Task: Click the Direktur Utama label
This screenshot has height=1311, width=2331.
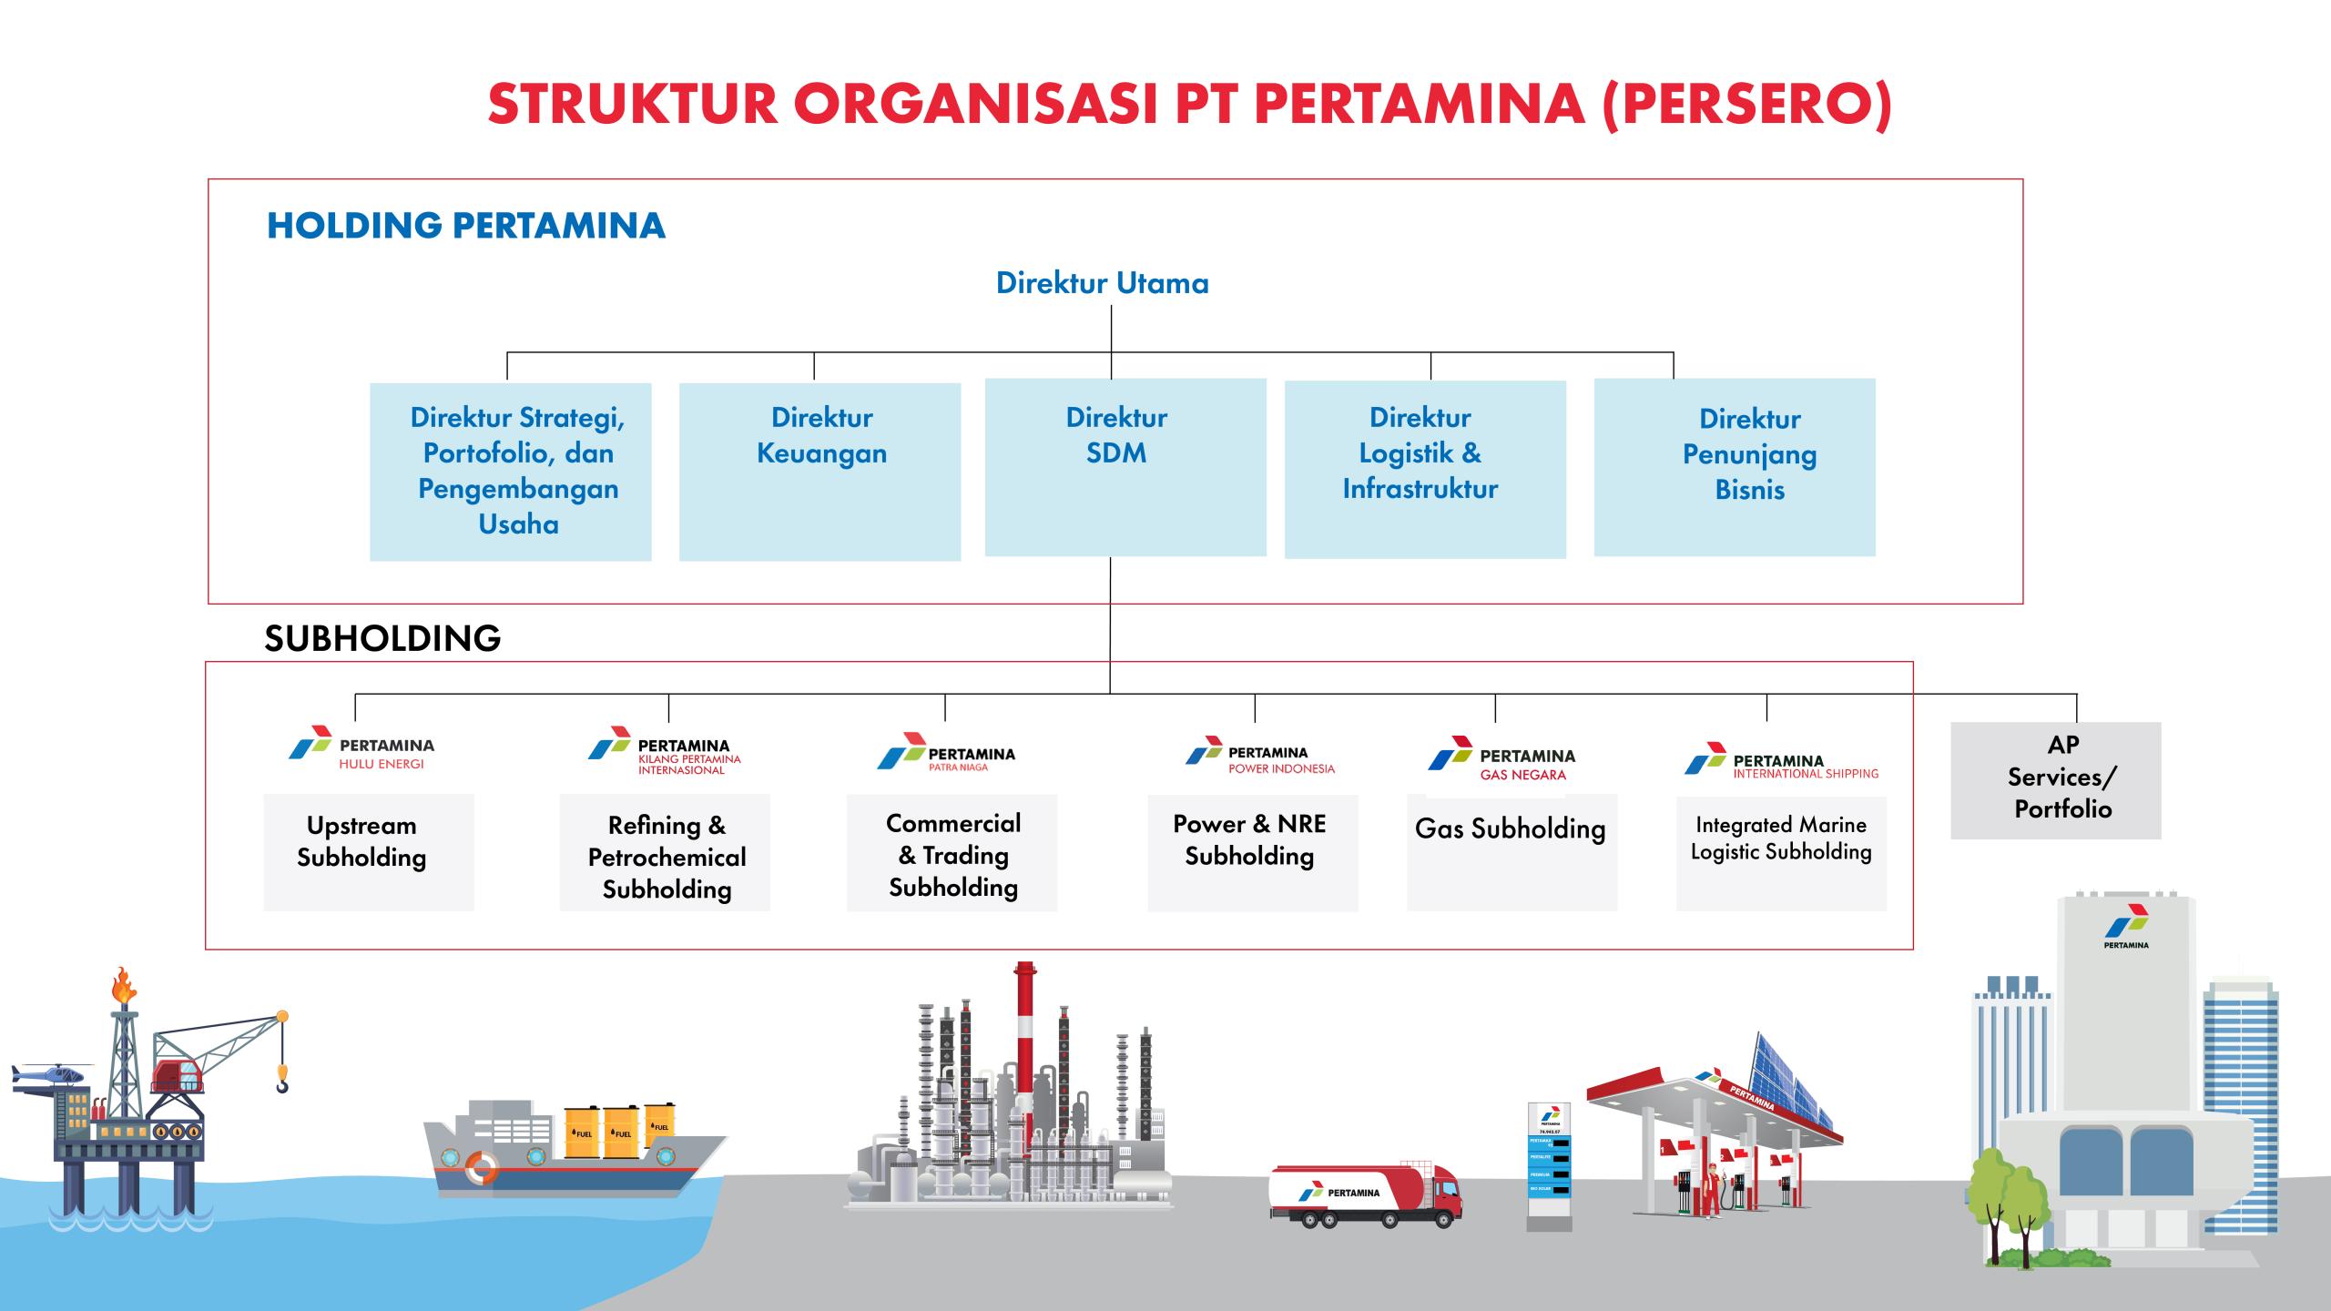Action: pyautogui.click(x=1102, y=283)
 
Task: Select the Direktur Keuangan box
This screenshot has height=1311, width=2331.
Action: pyautogui.click(x=819, y=472)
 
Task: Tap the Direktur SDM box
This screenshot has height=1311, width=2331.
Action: pyautogui.click(x=1125, y=467)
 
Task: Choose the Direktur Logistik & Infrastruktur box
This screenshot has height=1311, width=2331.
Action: pyautogui.click(x=1425, y=469)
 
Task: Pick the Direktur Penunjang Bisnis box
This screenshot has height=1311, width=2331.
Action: pyautogui.click(x=1735, y=467)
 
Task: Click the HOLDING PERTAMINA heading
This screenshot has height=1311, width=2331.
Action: pyautogui.click(x=465, y=226)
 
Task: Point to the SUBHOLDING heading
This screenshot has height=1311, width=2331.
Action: pyautogui.click(x=382, y=638)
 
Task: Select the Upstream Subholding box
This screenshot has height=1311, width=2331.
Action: pyautogui.click(x=369, y=851)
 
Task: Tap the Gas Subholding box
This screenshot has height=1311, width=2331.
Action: pyautogui.click(x=1512, y=851)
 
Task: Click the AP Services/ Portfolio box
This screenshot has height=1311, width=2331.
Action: pyautogui.click(x=2055, y=780)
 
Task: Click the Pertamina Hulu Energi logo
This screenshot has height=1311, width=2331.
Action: pyautogui.click(x=361, y=749)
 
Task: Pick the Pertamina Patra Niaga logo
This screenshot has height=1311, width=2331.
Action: pyautogui.click(x=946, y=753)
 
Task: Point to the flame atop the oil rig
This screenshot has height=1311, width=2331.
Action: pyautogui.click(x=123, y=986)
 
